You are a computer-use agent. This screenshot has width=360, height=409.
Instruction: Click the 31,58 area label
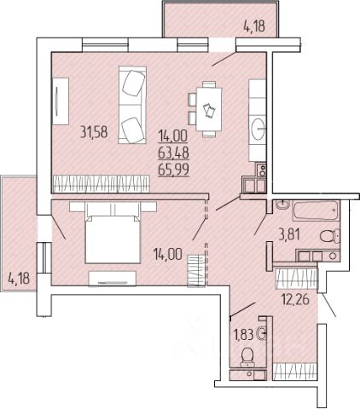coord(94,132)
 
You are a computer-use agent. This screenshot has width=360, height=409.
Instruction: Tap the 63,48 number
coord(173,153)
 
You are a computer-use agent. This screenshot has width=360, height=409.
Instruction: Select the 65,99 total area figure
coord(173,170)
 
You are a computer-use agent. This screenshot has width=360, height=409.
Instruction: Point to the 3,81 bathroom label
coord(289,235)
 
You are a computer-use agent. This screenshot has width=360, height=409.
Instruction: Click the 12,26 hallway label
coord(295,299)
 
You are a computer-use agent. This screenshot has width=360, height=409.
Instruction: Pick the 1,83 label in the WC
coord(243,335)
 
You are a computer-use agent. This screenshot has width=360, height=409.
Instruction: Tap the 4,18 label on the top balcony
coord(254,26)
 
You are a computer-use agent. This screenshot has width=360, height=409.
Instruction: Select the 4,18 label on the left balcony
coord(19,278)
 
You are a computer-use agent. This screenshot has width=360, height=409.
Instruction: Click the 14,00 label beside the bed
coord(167,254)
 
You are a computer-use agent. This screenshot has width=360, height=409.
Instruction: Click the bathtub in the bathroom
coord(316,210)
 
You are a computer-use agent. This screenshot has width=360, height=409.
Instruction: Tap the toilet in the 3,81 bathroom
coord(330,236)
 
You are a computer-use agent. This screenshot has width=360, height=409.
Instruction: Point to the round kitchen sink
coord(258,130)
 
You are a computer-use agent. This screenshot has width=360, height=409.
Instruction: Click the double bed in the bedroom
coord(113,233)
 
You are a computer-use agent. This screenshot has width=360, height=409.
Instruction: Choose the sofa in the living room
coord(132,105)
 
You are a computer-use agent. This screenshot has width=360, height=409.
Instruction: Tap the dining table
coord(209,109)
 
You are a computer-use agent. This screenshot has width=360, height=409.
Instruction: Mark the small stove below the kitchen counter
coord(261,170)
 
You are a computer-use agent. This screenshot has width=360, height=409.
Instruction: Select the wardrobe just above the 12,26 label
coord(296,279)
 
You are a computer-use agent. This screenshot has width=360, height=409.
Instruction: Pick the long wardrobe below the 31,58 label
coord(102,184)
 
